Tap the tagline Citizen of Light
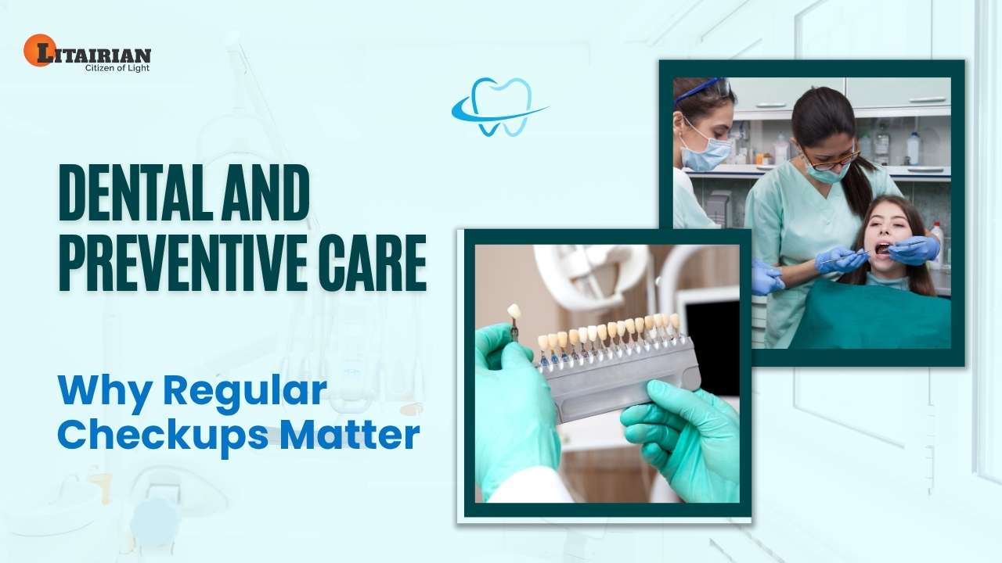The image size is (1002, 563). click(117, 68)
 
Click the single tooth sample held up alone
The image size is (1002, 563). click(514, 311)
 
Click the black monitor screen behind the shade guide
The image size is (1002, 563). click(712, 344)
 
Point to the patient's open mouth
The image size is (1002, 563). click(882, 249)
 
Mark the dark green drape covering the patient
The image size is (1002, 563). click(869, 313)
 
